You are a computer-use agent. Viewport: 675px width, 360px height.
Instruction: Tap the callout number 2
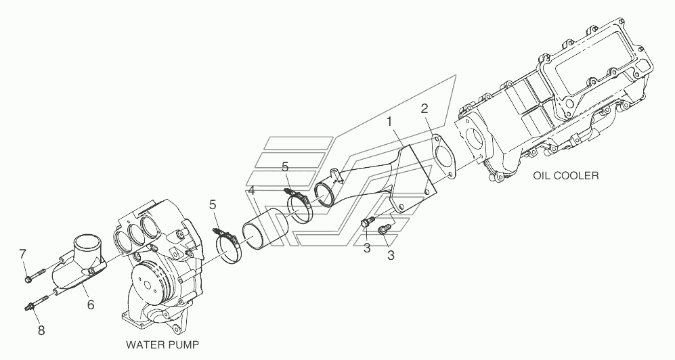point(424,108)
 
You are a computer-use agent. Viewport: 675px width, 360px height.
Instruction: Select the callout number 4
point(251,192)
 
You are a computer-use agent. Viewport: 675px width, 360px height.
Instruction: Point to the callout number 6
point(89,305)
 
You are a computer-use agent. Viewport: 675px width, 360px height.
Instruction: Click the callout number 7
point(22,254)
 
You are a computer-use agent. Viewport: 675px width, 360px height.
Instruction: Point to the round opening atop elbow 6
point(87,242)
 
